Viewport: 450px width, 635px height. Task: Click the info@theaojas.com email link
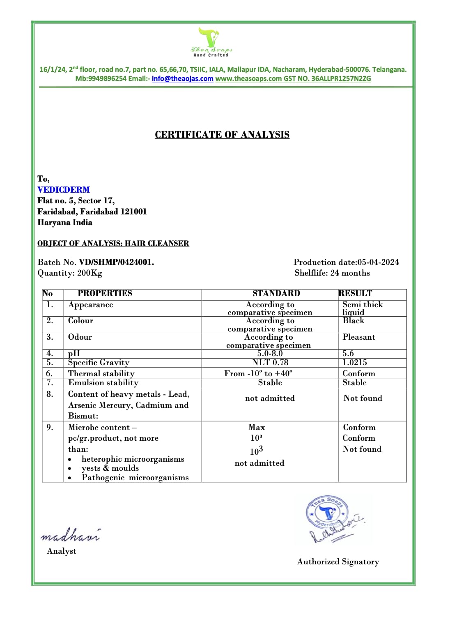click(x=182, y=78)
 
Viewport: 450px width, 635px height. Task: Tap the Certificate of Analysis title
click(x=222, y=135)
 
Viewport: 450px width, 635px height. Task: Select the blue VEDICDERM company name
click(x=64, y=190)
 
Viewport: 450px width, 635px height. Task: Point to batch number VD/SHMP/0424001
click(x=117, y=262)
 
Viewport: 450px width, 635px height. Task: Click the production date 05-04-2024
click(x=378, y=262)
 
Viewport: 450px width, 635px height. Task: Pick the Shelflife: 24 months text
click(x=332, y=273)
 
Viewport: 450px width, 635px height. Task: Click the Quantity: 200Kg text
click(x=70, y=273)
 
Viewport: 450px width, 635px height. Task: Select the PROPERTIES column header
click(x=105, y=293)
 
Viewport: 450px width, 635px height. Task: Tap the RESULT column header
click(x=355, y=293)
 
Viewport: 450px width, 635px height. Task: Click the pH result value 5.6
click(x=348, y=353)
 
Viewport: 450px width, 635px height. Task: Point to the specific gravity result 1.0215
click(x=355, y=362)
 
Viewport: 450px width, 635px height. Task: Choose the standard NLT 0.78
click(x=270, y=362)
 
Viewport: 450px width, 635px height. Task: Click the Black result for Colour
click(x=354, y=321)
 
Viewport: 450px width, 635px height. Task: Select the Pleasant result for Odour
click(x=359, y=337)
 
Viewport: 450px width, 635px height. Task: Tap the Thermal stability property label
click(x=101, y=373)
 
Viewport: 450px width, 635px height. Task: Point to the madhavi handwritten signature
click(x=70, y=535)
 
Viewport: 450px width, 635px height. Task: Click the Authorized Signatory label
click(x=338, y=561)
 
